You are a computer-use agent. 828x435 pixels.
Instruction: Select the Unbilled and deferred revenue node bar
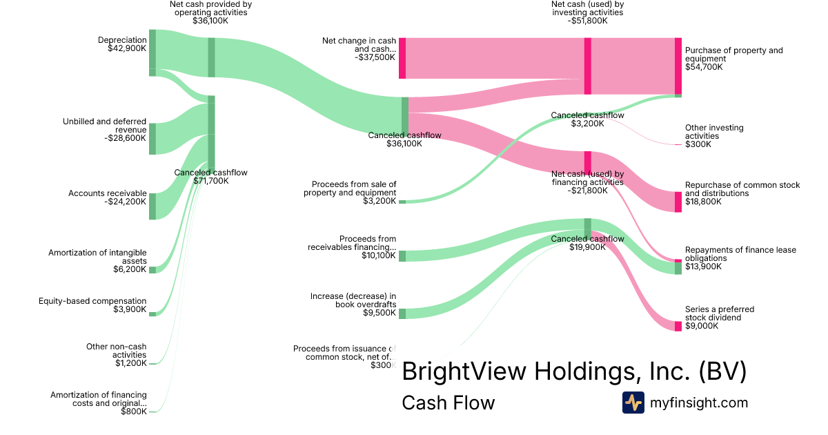click(152, 139)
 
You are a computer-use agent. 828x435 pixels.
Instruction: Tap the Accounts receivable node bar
click(152, 206)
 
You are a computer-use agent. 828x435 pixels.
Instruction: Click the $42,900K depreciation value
click(127, 48)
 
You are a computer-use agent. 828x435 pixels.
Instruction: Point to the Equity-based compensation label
click(92, 301)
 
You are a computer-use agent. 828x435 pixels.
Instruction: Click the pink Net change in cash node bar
click(402, 58)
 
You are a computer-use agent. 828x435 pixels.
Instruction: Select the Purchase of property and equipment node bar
click(678, 66)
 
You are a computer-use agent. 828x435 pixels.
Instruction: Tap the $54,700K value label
click(704, 67)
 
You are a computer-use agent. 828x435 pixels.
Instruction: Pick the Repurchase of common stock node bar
click(678, 202)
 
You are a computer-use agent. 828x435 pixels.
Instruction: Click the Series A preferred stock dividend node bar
click(678, 326)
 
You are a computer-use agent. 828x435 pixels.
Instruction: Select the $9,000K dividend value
click(702, 327)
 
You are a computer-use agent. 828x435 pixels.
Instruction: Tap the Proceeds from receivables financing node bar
click(402, 256)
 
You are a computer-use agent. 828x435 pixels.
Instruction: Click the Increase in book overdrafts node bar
click(402, 313)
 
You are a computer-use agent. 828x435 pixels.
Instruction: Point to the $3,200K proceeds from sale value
click(380, 201)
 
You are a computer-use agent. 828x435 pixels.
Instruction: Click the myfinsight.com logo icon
click(633, 403)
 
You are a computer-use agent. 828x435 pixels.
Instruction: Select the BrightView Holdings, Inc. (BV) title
click(573, 371)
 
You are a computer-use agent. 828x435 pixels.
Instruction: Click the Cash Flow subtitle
click(448, 403)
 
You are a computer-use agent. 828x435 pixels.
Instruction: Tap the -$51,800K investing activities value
click(588, 21)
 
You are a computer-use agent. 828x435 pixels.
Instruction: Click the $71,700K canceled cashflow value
click(210, 181)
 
